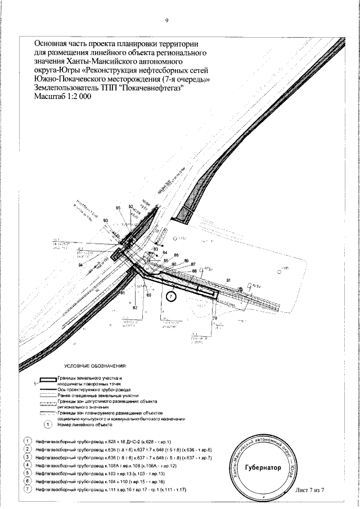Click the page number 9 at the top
click(166, 21)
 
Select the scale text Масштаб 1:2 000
click(63, 96)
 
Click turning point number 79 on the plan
click(215, 319)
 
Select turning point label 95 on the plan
click(119, 209)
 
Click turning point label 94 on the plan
click(81, 265)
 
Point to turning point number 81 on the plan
click(122, 293)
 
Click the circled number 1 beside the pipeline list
click(26, 441)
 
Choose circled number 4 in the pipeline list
click(26, 466)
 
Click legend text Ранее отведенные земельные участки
click(98, 395)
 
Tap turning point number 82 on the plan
click(135, 308)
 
